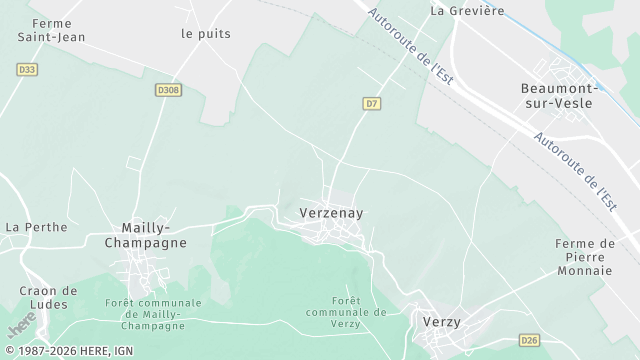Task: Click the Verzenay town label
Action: point(331,213)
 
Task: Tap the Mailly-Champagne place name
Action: point(153,235)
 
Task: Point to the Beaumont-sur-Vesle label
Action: point(558,96)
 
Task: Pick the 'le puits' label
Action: point(206,33)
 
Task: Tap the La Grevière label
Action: point(467,10)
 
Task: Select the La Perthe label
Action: point(36,227)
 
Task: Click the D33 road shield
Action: point(27,69)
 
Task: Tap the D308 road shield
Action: point(168,90)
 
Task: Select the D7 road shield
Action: point(372,103)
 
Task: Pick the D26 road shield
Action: point(530,340)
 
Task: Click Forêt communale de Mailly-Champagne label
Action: point(153,314)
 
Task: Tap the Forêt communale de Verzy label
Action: point(346,311)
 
